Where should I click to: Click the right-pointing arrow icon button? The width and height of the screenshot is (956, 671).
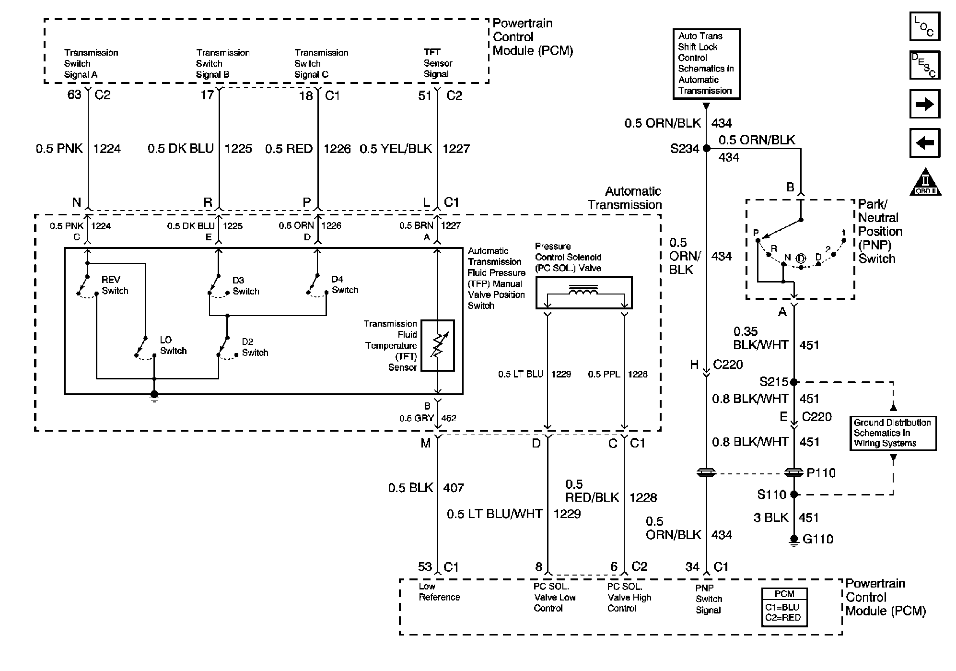(x=924, y=104)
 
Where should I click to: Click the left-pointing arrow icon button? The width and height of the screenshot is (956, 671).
(x=924, y=143)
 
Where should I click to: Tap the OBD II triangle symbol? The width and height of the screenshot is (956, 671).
(x=925, y=183)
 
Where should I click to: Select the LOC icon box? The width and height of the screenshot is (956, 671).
(x=924, y=26)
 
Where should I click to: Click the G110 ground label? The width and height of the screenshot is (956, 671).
(x=817, y=539)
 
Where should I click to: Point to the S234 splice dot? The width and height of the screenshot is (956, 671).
(x=706, y=149)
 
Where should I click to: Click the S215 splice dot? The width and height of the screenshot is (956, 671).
(x=793, y=382)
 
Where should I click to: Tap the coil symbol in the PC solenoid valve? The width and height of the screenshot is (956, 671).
(x=583, y=290)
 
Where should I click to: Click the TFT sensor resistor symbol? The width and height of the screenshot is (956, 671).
(x=437, y=345)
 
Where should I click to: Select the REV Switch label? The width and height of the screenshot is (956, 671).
(x=115, y=285)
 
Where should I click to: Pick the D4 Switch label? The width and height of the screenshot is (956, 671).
(x=345, y=284)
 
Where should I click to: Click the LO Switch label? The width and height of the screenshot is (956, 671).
(x=173, y=345)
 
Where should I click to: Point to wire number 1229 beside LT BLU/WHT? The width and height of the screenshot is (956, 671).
(x=567, y=514)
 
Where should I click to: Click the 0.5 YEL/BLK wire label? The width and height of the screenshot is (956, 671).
(x=396, y=149)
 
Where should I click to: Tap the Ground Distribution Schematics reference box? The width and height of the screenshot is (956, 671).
(x=892, y=433)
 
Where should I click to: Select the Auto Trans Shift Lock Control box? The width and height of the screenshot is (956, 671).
(x=706, y=64)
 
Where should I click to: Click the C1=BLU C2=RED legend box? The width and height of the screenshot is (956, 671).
(x=784, y=607)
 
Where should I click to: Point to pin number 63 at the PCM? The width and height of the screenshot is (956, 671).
(x=74, y=95)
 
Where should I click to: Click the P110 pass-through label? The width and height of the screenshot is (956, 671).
(x=821, y=473)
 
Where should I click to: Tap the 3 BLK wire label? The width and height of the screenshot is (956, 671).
(x=771, y=518)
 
